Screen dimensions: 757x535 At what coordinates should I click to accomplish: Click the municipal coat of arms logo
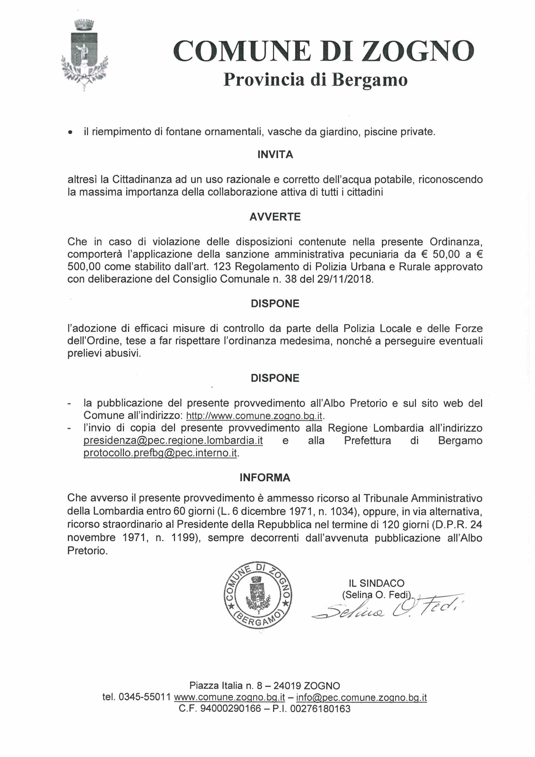85,54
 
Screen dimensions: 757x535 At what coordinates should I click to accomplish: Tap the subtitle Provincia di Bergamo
315,80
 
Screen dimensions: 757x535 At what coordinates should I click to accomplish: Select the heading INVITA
275,155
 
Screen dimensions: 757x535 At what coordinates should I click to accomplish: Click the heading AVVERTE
275,217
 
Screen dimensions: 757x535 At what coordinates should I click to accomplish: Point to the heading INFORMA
265,478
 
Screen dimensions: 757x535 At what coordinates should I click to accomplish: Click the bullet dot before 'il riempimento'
70,132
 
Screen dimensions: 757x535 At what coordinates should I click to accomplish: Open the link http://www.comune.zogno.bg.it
254,416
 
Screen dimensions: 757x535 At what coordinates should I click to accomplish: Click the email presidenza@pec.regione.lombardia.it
173,440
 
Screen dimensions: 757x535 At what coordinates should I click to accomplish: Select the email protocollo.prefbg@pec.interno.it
160,453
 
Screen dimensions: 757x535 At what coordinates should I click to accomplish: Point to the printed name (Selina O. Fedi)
377,594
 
